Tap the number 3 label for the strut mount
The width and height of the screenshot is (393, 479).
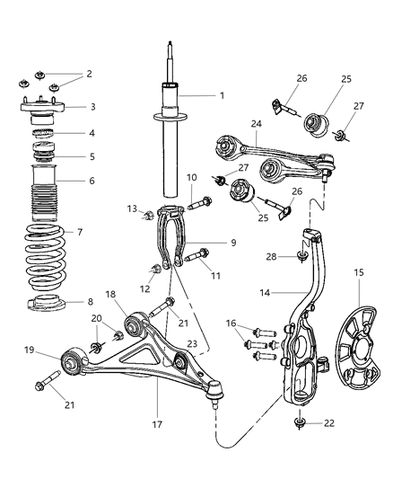92,106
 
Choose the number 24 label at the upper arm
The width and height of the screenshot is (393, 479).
231,125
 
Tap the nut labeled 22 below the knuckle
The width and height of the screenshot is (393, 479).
300,421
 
